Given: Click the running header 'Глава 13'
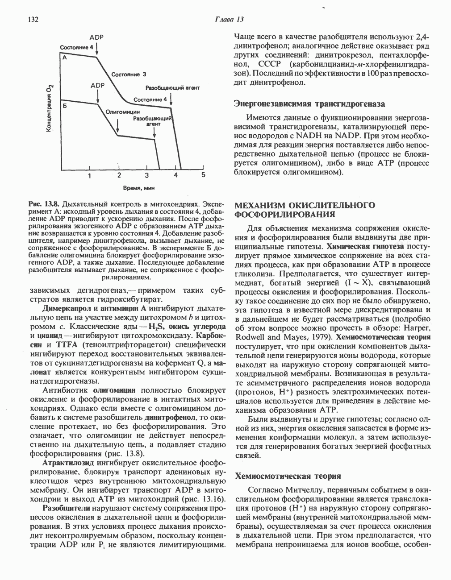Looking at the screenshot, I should pyautogui.click(x=230, y=19).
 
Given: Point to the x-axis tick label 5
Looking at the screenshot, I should pyautogui.click(x=203, y=175).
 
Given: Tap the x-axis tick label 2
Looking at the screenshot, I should pyautogui.click(x=119, y=175).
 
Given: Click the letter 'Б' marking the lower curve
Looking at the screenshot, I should pyautogui.click(x=65, y=106).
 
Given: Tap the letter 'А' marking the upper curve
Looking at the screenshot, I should pyautogui.click(x=65, y=58).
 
